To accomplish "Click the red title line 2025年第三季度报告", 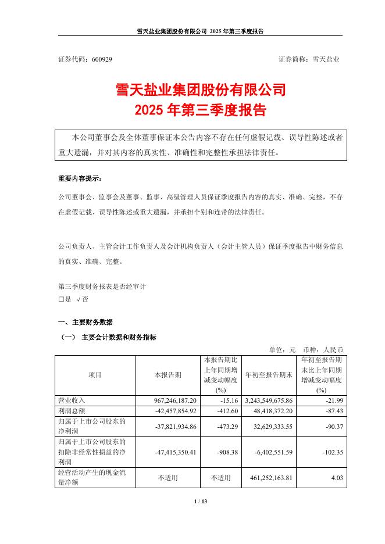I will (x=192, y=109).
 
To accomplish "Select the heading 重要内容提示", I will (x=79, y=178).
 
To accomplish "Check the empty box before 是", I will (x=61, y=299).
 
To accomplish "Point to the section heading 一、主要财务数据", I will (x=85, y=322).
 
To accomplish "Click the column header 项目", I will (x=95, y=375).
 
